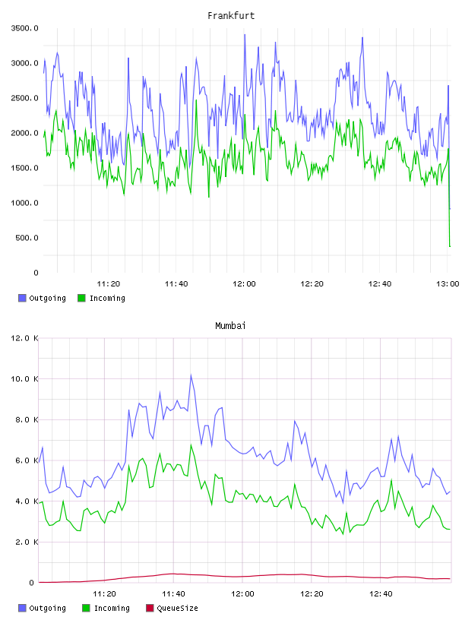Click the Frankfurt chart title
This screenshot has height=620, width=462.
click(231, 16)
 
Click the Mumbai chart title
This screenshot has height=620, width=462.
click(230, 326)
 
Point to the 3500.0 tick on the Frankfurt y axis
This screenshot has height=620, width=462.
click(24, 28)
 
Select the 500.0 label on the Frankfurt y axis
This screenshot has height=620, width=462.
click(27, 238)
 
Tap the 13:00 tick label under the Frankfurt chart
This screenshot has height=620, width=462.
click(448, 284)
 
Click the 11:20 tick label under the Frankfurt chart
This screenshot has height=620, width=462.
click(109, 284)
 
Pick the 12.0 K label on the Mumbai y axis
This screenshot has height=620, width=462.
click(24, 338)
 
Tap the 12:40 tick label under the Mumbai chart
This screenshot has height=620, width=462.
click(381, 594)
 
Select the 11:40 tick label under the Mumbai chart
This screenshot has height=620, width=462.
click(173, 594)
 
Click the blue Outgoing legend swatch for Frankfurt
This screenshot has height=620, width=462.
click(22, 298)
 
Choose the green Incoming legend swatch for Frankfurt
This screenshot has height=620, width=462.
click(81, 298)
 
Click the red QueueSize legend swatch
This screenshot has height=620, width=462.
click(150, 608)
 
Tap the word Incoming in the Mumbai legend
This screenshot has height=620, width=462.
click(112, 608)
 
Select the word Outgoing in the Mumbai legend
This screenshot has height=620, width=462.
click(47, 608)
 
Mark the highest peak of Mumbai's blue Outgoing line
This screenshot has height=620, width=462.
click(191, 375)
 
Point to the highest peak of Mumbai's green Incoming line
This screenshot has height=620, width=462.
click(191, 444)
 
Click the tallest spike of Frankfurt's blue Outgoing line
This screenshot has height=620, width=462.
click(245, 35)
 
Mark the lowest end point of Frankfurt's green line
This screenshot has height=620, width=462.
click(450, 246)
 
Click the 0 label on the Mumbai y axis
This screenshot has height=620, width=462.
click(31, 583)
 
